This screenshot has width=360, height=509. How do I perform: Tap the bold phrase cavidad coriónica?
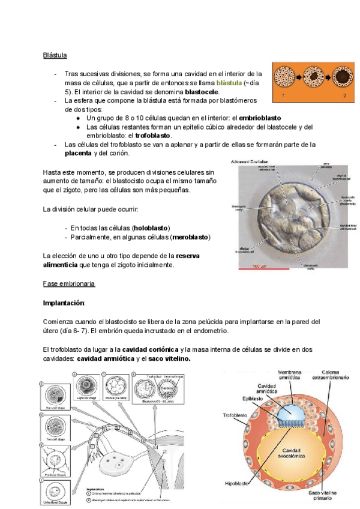click(150, 349)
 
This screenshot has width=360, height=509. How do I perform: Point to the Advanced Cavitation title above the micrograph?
click(251, 161)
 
